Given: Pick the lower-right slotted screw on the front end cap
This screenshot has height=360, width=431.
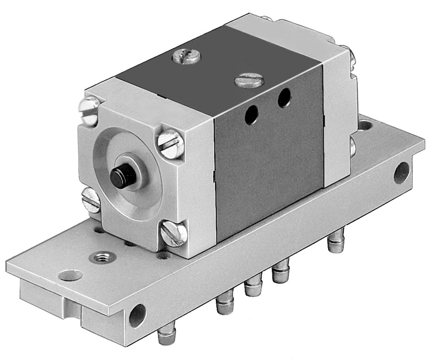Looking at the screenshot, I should coord(173,235).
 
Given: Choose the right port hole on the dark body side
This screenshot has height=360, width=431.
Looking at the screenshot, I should coord(284,97).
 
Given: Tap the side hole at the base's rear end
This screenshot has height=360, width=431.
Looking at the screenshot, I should coord(402,172).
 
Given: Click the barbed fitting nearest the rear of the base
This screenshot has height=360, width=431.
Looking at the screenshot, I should coord(334,246).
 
